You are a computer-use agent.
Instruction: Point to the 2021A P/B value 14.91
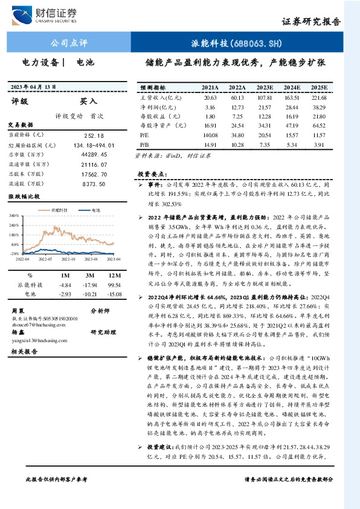210,146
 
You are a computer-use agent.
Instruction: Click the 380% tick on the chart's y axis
13,215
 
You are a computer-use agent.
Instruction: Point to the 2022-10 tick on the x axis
68,259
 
